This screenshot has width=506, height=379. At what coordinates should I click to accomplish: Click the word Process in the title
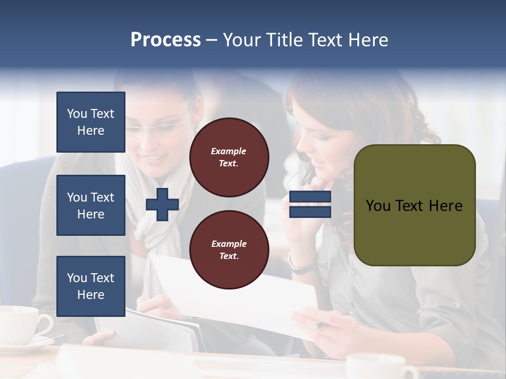pos(166,40)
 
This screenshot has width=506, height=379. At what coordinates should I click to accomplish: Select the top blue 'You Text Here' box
pos(91,122)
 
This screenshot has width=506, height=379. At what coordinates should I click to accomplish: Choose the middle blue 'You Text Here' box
pos(91,205)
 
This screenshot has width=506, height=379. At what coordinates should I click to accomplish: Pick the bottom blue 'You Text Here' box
pos(91,286)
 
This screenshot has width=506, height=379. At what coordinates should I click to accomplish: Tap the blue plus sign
pos(162,204)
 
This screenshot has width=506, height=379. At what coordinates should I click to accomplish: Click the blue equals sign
pos(310,204)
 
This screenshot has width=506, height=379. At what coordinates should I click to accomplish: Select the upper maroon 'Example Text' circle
pos(229,157)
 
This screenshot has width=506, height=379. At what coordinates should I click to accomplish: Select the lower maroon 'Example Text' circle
pos(229,250)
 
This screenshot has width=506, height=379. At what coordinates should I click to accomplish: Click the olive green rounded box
pos(414,205)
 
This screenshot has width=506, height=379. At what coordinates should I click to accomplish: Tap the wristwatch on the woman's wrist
pos(301,266)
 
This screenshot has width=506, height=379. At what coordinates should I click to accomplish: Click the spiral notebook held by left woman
pos(158,329)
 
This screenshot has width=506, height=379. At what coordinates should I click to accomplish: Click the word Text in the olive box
pos(413,205)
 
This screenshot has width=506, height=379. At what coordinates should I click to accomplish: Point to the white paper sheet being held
pos(237,295)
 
